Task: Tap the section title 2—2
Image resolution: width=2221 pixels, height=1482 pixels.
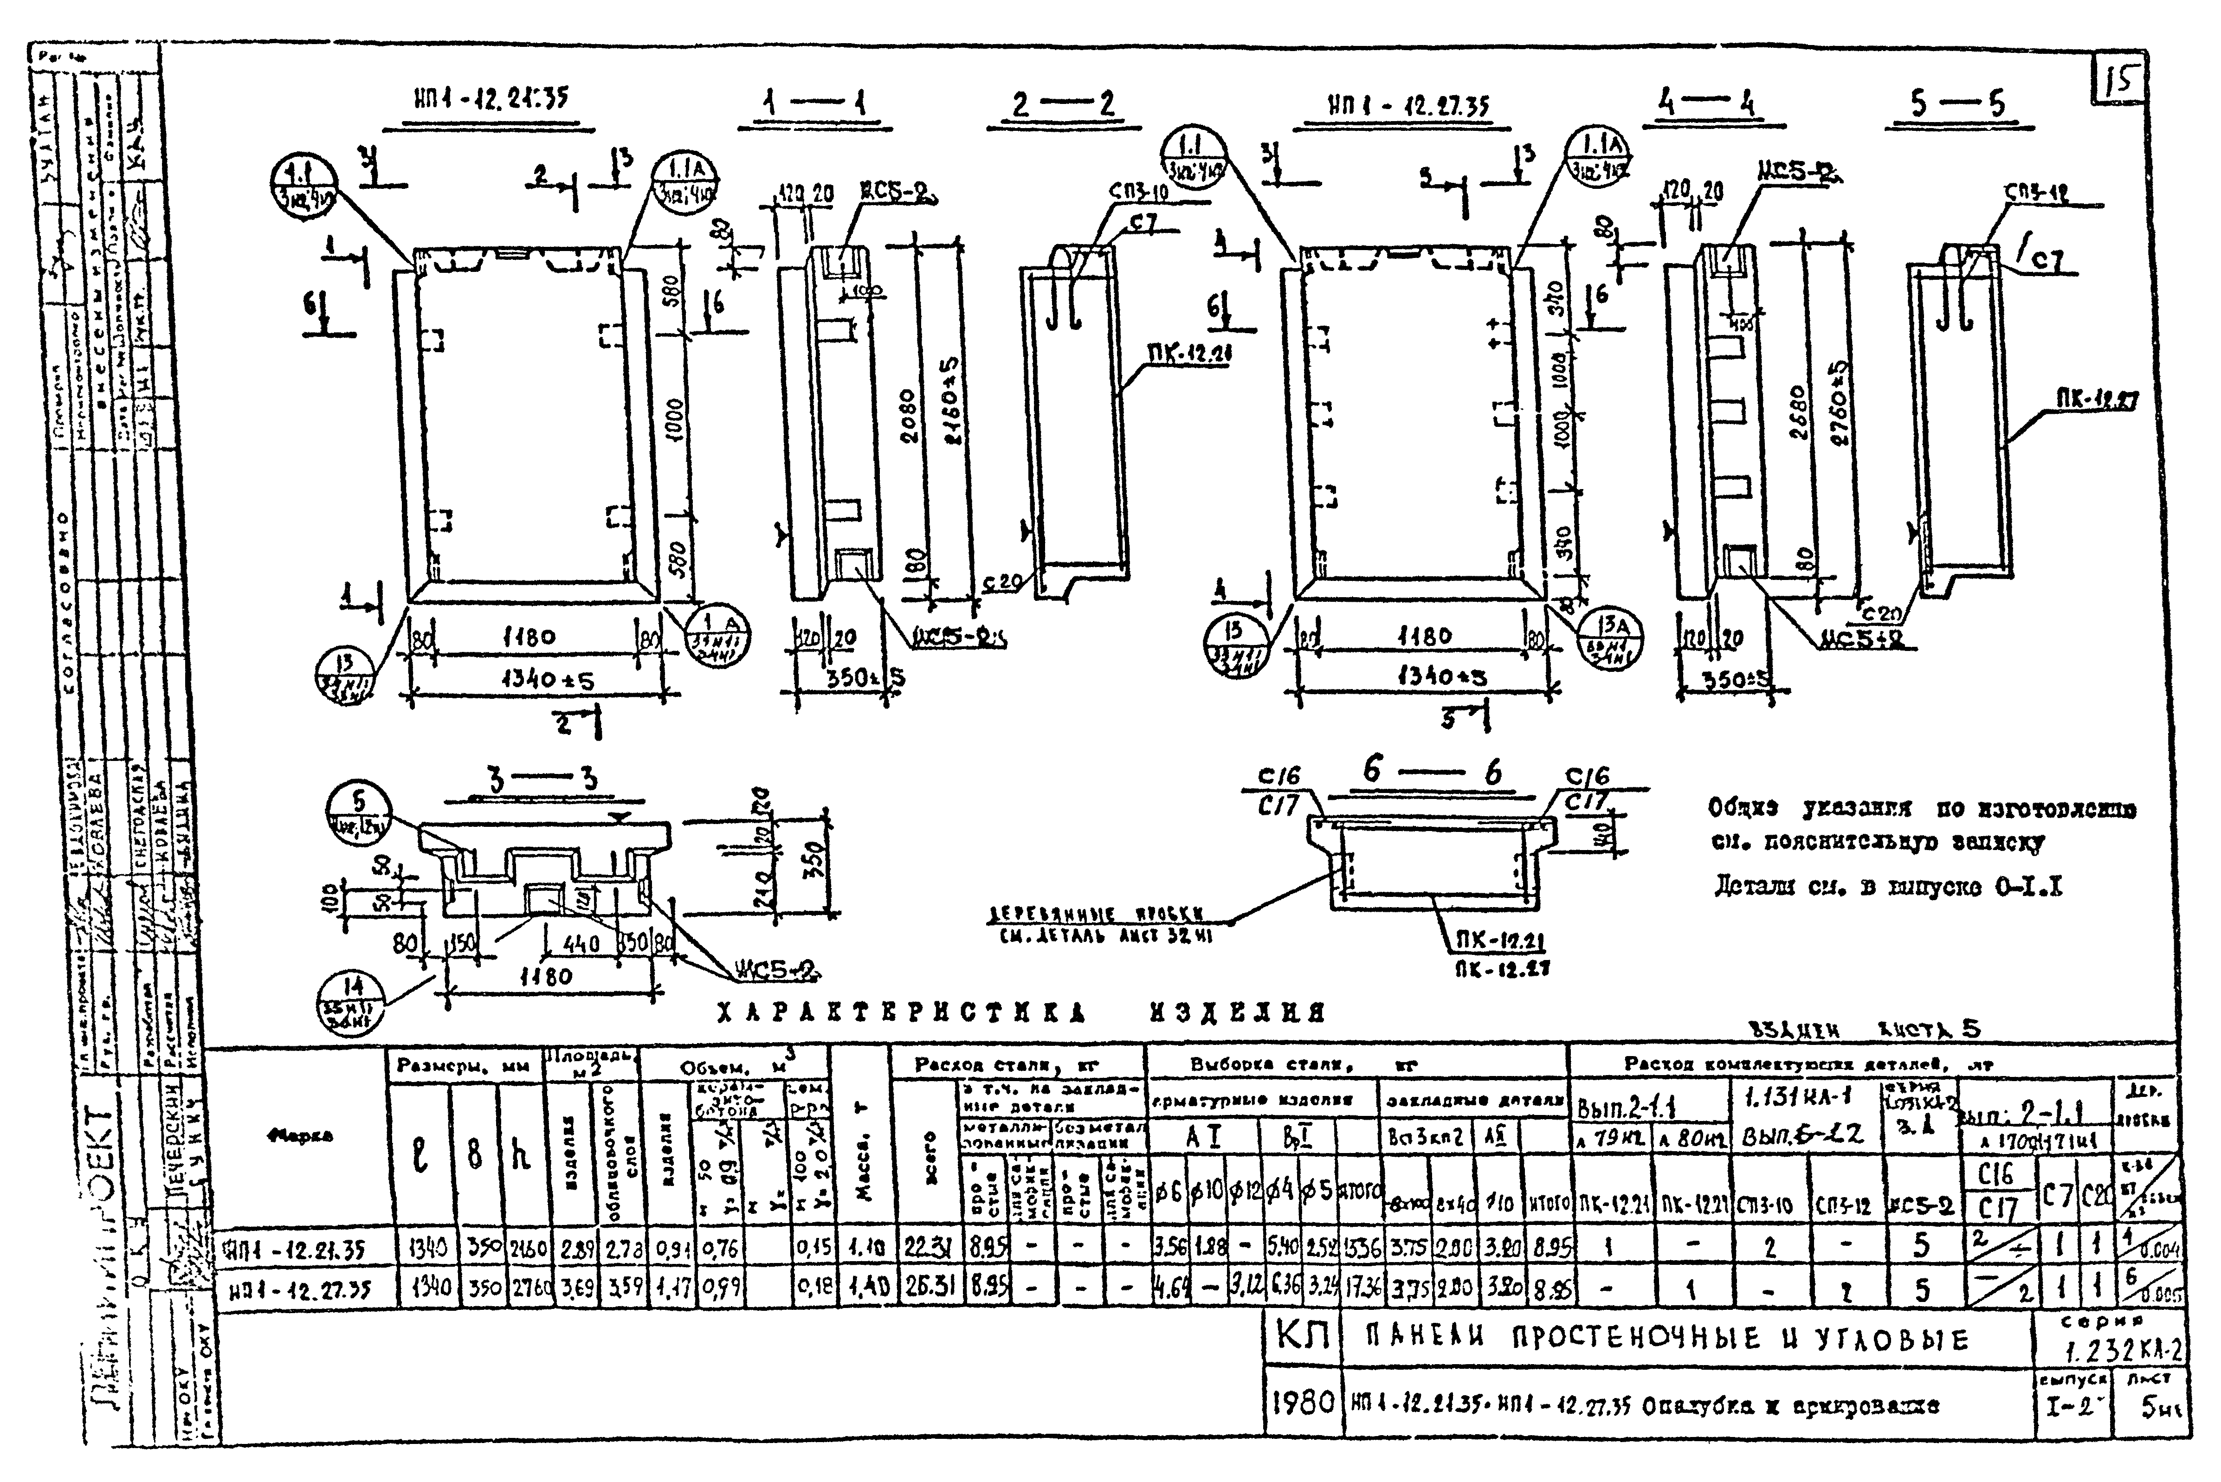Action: (1063, 104)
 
